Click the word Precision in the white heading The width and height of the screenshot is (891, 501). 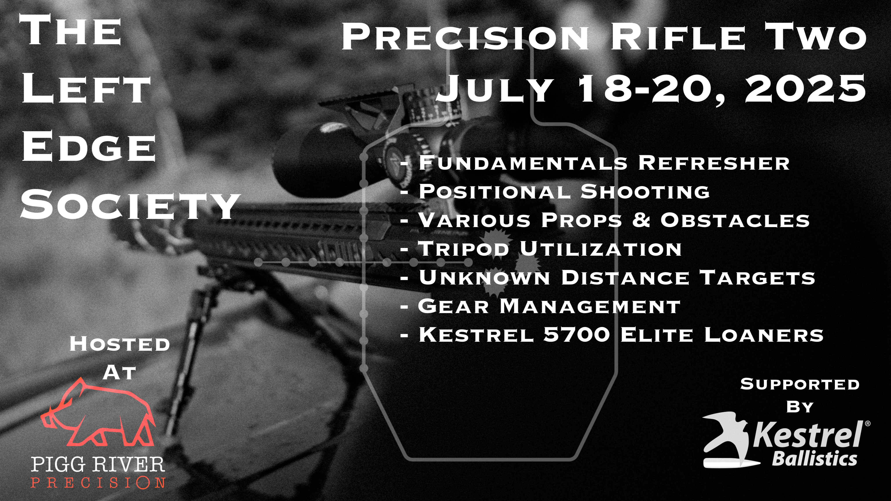465,37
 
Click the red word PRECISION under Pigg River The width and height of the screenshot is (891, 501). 98,482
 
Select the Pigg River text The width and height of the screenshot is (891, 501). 98,464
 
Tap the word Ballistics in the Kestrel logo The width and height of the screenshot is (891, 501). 815,459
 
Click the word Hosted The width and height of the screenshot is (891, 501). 120,344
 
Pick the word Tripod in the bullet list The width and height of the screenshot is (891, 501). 464,249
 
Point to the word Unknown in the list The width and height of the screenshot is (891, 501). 484,277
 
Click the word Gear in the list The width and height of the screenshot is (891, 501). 453,306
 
